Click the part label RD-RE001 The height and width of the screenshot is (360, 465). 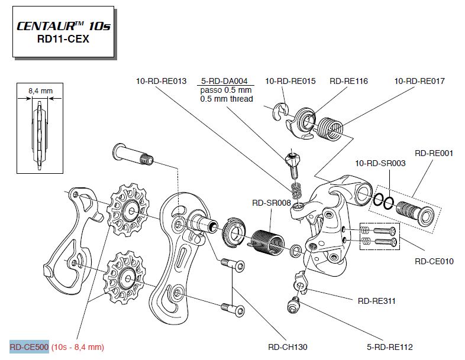(x=434, y=153)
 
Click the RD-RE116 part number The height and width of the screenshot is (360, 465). (x=348, y=81)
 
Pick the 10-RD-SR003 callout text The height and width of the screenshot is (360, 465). (x=380, y=163)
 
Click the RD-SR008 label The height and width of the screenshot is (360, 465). (x=272, y=203)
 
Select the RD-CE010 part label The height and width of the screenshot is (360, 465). (x=434, y=260)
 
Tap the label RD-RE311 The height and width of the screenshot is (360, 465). (x=377, y=301)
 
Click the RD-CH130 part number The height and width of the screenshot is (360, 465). (x=288, y=347)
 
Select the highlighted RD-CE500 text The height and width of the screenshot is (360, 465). (x=28, y=347)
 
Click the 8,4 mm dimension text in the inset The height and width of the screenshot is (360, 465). (x=41, y=91)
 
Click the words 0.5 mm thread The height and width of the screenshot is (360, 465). (x=227, y=99)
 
